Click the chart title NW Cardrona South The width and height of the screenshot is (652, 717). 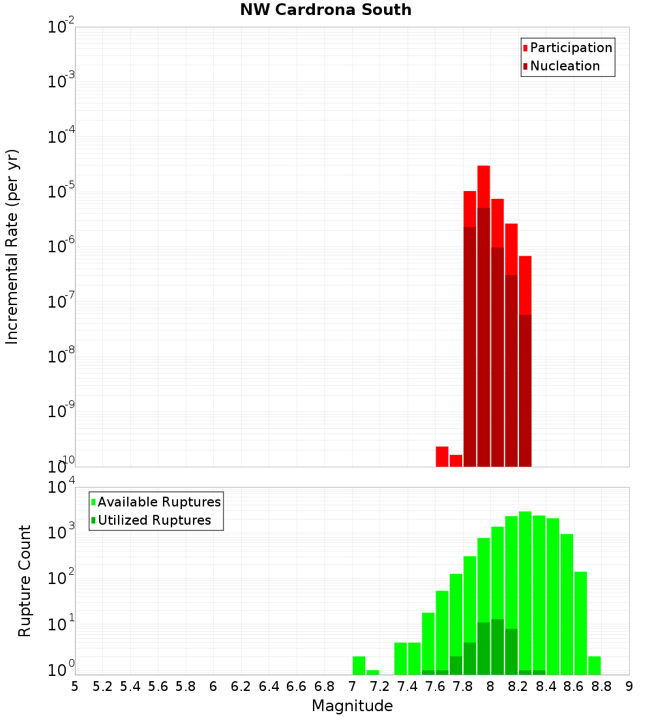click(x=325, y=10)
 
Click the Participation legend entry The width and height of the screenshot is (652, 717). click(x=571, y=48)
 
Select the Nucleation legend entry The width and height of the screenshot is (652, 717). click(x=565, y=66)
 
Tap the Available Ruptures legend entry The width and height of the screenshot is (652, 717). click(x=159, y=502)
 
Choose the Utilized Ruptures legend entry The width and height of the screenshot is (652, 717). click(x=154, y=520)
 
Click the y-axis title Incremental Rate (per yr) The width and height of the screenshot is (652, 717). click(x=12, y=246)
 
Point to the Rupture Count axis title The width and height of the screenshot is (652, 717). click(x=25, y=580)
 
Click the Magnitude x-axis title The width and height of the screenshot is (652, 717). click(x=352, y=706)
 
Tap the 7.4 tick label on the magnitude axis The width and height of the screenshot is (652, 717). click(x=407, y=686)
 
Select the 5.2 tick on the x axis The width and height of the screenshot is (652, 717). click(x=102, y=686)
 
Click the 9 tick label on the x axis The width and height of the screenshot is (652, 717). click(x=629, y=686)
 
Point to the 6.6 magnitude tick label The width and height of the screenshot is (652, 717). click(x=297, y=686)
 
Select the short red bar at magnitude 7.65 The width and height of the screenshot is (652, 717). click(x=442, y=456)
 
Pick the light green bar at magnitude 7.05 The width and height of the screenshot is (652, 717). click(x=359, y=666)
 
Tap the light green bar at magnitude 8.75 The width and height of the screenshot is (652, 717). click(x=594, y=666)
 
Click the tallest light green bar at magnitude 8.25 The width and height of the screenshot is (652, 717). click(x=525, y=587)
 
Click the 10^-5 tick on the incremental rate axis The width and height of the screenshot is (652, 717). click(x=61, y=192)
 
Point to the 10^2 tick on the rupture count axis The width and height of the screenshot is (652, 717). click(x=61, y=579)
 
